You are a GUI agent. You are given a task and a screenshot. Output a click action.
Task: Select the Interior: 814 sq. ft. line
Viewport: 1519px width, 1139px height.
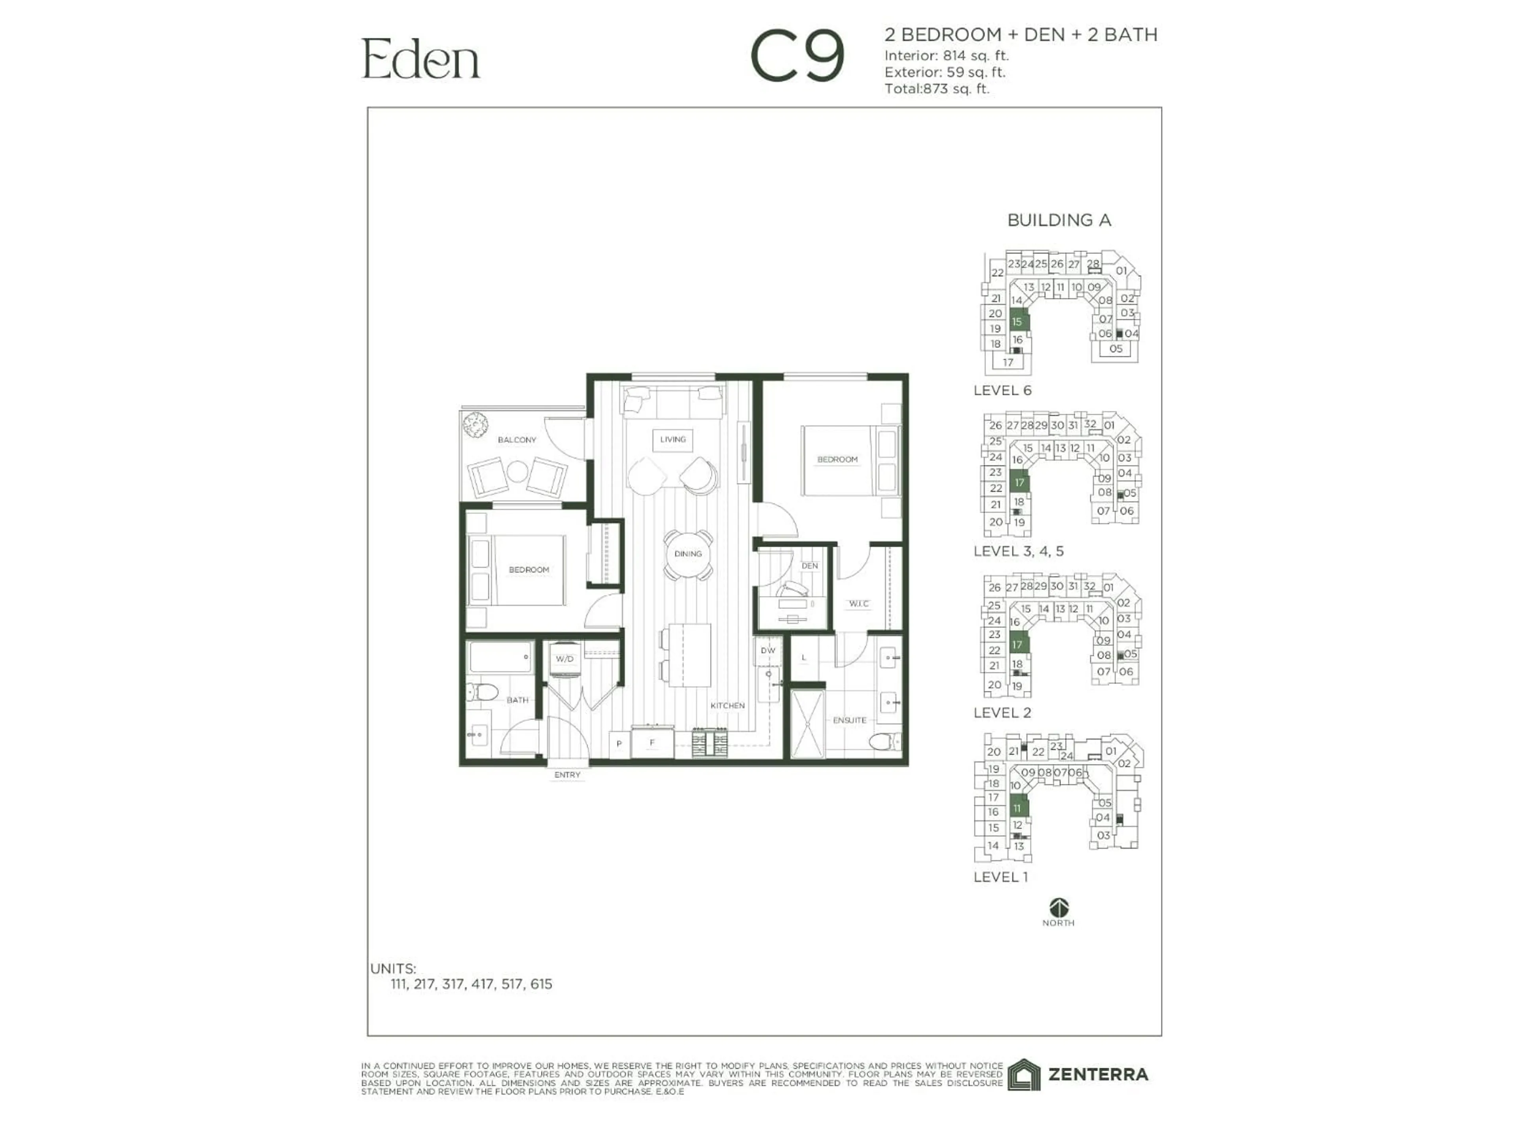click(946, 56)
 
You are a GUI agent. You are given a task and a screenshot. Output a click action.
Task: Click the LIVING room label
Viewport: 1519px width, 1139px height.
click(672, 439)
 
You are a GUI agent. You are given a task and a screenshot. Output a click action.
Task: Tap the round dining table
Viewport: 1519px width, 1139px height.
click(688, 553)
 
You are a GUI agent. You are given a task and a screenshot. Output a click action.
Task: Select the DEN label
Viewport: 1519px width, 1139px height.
click(810, 566)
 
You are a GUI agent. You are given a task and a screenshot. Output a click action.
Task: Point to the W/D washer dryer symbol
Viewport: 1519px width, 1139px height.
click(564, 659)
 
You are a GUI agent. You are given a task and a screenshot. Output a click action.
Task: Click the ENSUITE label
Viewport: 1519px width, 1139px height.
click(849, 720)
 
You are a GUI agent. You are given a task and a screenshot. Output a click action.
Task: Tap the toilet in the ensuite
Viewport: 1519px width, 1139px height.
click(886, 742)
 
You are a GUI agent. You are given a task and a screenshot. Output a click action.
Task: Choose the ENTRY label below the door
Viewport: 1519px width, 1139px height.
click(567, 774)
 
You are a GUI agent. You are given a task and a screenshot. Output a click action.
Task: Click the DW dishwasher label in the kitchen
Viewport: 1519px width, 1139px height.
click(768, 650)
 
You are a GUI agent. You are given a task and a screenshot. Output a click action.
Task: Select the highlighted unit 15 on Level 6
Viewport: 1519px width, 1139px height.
click(1018, 321)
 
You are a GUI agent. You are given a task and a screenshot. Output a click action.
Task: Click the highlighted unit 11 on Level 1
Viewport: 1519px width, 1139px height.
click(1018, 808)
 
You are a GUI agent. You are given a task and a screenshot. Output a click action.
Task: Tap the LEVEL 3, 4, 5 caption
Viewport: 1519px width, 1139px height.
click(1018, 551)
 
